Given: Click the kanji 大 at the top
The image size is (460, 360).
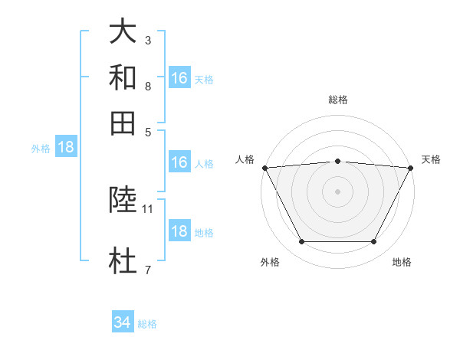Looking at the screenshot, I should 123,32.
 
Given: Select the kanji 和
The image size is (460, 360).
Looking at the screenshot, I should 123,77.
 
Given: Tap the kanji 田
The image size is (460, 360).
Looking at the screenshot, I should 123,123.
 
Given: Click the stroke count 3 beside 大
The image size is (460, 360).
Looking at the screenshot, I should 147,40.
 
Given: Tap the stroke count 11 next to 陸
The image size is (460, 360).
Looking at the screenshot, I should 148,208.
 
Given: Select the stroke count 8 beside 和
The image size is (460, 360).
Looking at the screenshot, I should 147,86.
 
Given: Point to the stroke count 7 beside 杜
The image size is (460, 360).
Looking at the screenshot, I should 147,269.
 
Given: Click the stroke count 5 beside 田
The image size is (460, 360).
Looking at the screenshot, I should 147,131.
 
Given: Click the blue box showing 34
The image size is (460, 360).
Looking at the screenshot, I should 122,323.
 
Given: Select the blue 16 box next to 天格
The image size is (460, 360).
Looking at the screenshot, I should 179,79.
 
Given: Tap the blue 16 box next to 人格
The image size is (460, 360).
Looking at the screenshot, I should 179,163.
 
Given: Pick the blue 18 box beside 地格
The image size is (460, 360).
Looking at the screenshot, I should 179,231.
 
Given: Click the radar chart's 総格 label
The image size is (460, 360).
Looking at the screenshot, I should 338,100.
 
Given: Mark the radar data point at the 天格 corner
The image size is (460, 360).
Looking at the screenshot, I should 411,168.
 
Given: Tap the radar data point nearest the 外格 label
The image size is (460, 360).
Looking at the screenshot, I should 301,242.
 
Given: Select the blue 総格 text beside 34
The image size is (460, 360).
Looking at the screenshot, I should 147,324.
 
